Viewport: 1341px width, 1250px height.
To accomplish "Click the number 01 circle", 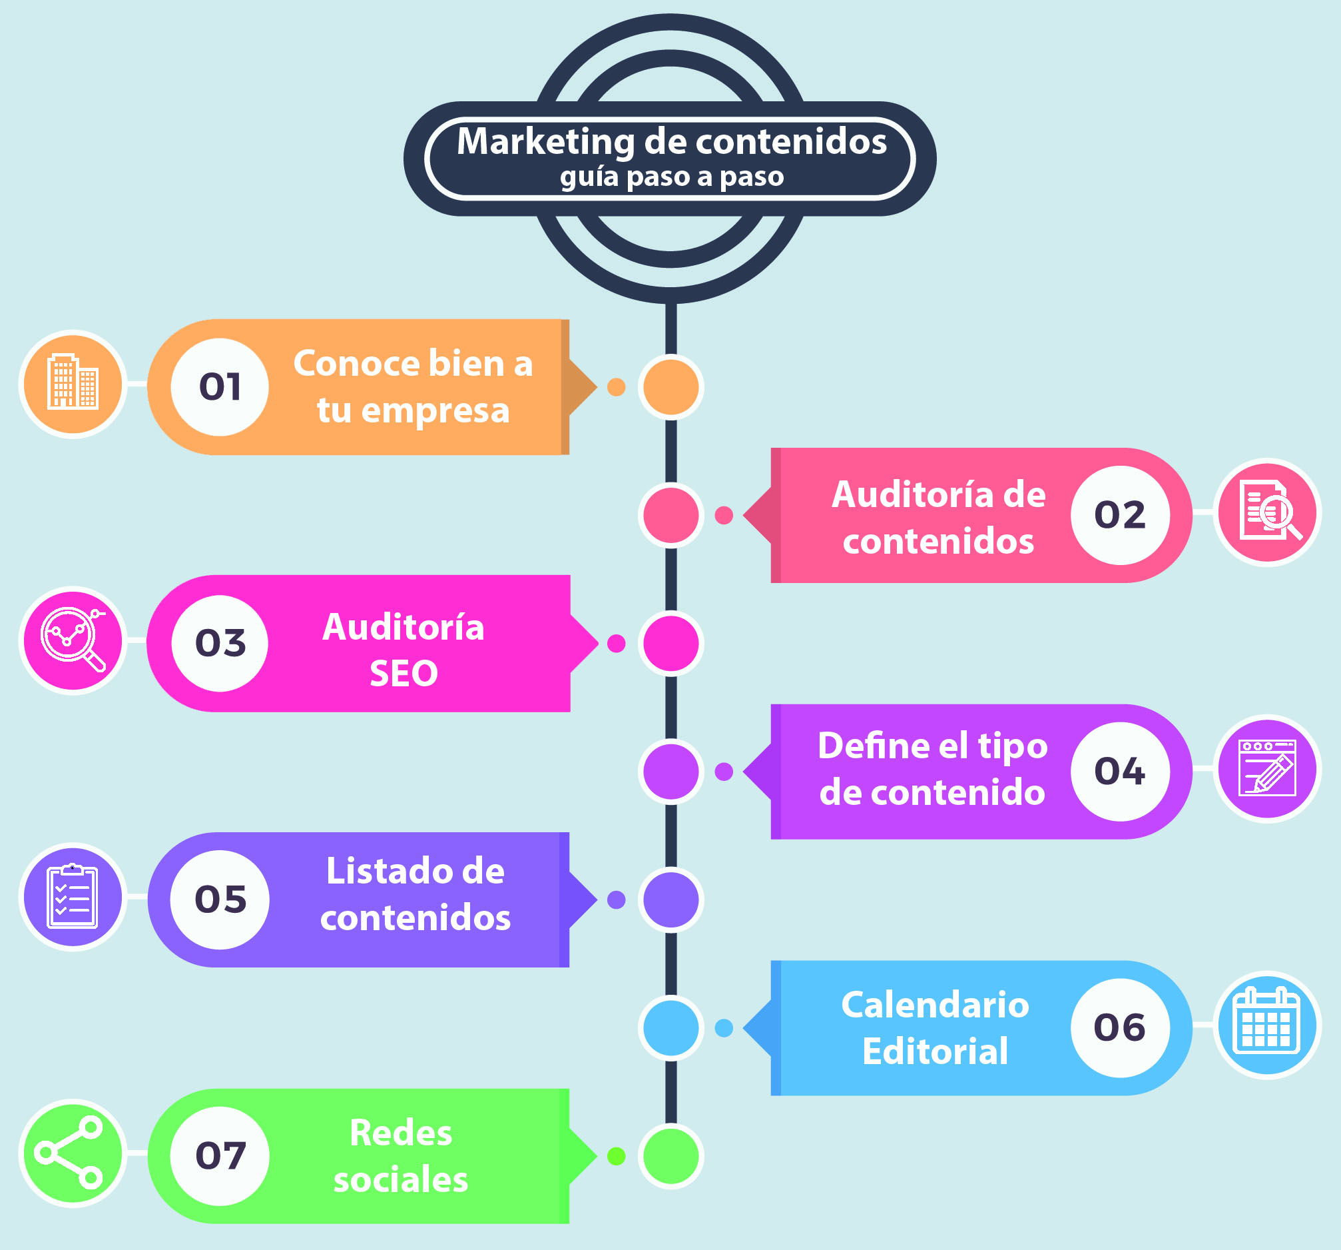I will tap(220, 386).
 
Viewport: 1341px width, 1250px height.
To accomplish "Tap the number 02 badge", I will tap(1120, 515).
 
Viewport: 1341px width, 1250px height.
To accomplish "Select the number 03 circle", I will tap(220, 643).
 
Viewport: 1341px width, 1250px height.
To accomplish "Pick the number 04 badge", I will tap(1120, 772).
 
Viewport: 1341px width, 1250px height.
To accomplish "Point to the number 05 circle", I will tap(220, 900).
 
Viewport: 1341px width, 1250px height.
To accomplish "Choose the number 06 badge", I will tap(1120, 1027).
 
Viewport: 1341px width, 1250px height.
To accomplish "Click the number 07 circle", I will tap(220, 1156).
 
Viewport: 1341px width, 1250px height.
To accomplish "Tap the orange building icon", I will tap(73, 384).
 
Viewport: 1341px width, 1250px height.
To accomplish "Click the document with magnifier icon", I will tap(1268, 512).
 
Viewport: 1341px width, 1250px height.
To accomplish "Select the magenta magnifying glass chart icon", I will tap(73, 640).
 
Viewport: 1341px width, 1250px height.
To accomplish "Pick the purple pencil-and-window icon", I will tap(1268, 769).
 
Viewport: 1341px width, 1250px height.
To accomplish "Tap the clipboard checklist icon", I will tap(73, 897).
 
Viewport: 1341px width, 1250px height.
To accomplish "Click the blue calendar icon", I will tap(1268, 1025).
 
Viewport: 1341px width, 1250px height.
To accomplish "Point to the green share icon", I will tap(73, 1153).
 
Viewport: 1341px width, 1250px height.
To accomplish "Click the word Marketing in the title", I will tap(545, 143).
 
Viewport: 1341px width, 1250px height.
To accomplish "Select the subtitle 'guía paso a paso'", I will tap(672, 177).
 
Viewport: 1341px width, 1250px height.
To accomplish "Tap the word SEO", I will tap(403, 674).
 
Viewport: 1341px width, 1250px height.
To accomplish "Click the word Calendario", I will tap(935, 1005).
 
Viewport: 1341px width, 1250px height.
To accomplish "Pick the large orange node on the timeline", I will tap(670, 386).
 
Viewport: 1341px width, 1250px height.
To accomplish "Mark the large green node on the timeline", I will tap(670, 1156).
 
